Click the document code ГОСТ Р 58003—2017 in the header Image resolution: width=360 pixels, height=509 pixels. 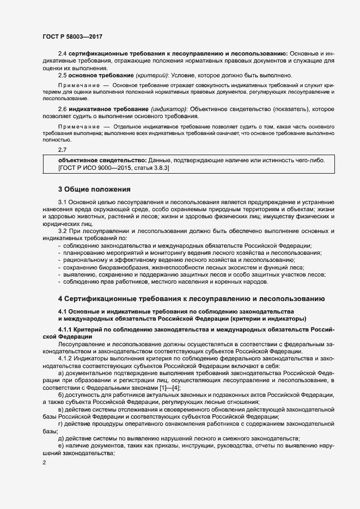point(72,36)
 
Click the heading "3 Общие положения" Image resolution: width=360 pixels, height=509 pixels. point(94,190)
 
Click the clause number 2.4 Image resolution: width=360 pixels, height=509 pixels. point(63,54)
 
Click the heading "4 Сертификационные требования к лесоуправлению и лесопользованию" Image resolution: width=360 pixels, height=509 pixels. point(192,299)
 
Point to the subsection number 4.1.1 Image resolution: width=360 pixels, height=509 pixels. point(66,330)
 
